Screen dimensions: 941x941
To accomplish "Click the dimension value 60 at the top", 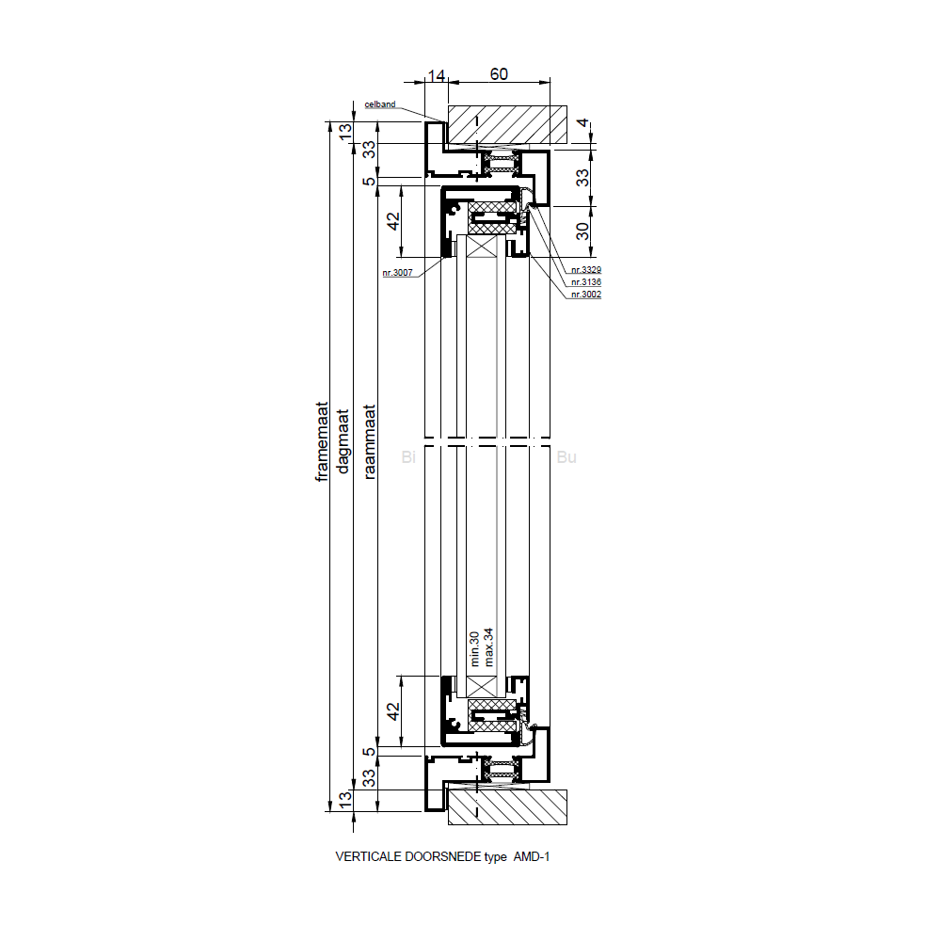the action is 499,73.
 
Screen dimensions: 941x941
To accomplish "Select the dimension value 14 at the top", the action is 437,75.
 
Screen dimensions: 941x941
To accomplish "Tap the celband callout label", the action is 380,104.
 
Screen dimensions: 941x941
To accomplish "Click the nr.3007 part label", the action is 397,273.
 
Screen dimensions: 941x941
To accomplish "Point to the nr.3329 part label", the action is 586,270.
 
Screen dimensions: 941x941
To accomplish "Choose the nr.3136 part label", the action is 586,282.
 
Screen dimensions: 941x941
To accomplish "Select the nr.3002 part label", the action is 586,294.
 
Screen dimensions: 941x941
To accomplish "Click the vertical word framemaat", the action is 322,441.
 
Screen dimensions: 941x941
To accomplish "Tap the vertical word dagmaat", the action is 343,441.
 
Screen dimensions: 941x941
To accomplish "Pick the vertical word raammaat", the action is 369,441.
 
